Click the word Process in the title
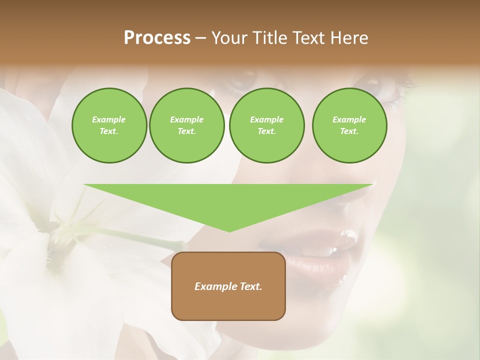tap(157, 38)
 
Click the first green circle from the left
tap(109, 125)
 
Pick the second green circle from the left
tap(186, 125)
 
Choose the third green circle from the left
tap(266, 125)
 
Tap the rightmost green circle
tap(349, 125)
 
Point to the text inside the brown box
tap(228, 286)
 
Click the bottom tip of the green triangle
tap(229, 231)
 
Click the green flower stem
tap(125, 234)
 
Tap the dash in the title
tap(201, 38)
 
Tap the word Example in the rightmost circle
tap(349, 119)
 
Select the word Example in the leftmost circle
tap(109, 119)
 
